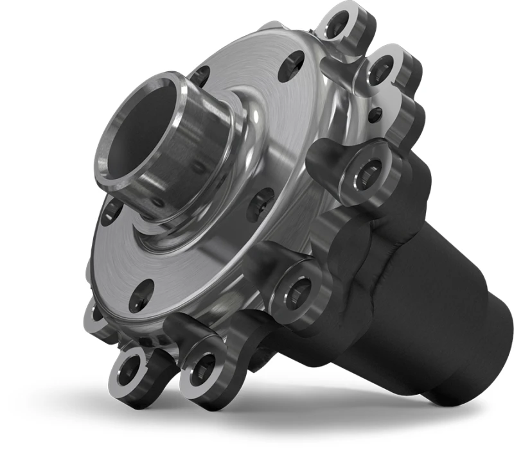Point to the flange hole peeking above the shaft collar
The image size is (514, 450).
coord(200,75)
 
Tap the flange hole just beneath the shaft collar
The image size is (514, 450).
coord(111,211)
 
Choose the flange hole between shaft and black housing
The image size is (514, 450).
coord(261,203)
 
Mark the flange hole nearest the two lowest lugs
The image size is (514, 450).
coord(140,297)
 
